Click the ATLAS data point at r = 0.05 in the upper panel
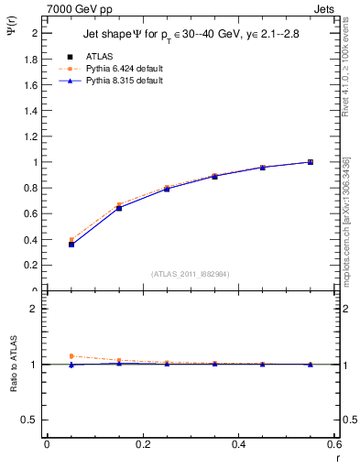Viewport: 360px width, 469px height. pos(71,245)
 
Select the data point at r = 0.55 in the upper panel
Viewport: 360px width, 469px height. pos(311,162)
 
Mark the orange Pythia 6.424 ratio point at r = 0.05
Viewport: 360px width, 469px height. pos(71,355)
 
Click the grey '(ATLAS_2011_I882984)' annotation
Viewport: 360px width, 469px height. pos(190,273)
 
